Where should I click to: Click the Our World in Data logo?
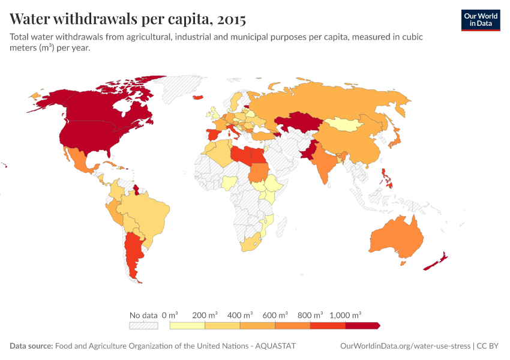point(480,20)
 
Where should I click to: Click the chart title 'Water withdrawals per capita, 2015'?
point(128,19)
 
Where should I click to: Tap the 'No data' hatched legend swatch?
point(143,325)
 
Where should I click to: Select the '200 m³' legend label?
point(205,314)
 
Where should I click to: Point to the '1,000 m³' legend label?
point(345,314)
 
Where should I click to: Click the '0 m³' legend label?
point(170,314)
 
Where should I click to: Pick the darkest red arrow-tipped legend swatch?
point(362,325)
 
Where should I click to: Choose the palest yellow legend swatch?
point(187,325)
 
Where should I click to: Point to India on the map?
point(325,163)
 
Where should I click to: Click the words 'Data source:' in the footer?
point(31,346)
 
